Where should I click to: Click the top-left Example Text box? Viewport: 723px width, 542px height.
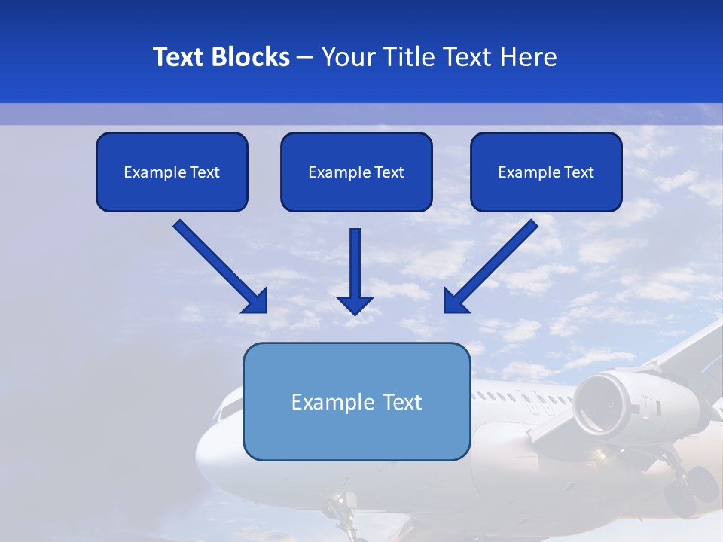172,172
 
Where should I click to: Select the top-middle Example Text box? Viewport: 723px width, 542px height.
356,172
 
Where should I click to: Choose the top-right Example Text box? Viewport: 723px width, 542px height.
546,172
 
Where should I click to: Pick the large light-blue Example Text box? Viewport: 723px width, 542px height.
356,401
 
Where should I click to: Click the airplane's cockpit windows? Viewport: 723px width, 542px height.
226,410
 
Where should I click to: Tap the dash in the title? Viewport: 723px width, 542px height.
305,57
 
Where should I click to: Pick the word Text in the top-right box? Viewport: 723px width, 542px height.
579,172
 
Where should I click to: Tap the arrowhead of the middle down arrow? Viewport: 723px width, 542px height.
355,304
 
